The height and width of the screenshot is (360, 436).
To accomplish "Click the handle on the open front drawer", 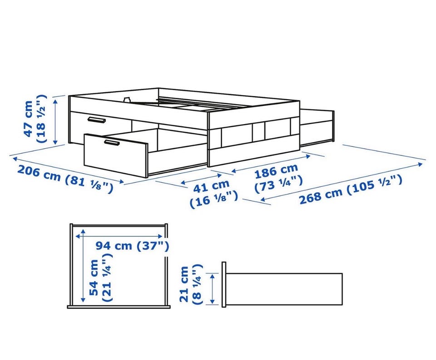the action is coord(112,143).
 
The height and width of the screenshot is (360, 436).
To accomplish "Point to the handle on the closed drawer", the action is coord(96,120).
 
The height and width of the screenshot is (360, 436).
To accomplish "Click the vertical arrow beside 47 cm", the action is coord(55,122).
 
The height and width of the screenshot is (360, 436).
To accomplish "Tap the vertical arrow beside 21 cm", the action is coord(213,288).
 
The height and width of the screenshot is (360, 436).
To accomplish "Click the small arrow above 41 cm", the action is coord(201,179).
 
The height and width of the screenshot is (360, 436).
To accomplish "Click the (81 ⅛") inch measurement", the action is coord(89,184).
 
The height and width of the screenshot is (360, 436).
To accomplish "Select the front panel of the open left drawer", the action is coord(116,155).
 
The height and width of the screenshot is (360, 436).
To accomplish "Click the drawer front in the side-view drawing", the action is coord(224,285).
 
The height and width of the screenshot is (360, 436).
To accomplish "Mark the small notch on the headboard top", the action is coord(127,100).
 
